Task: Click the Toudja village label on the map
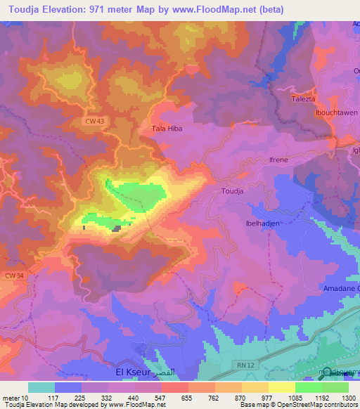coord(232,190)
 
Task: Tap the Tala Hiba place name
coord(167,129)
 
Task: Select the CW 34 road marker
coord(14,275)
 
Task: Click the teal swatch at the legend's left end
coord(41,387)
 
